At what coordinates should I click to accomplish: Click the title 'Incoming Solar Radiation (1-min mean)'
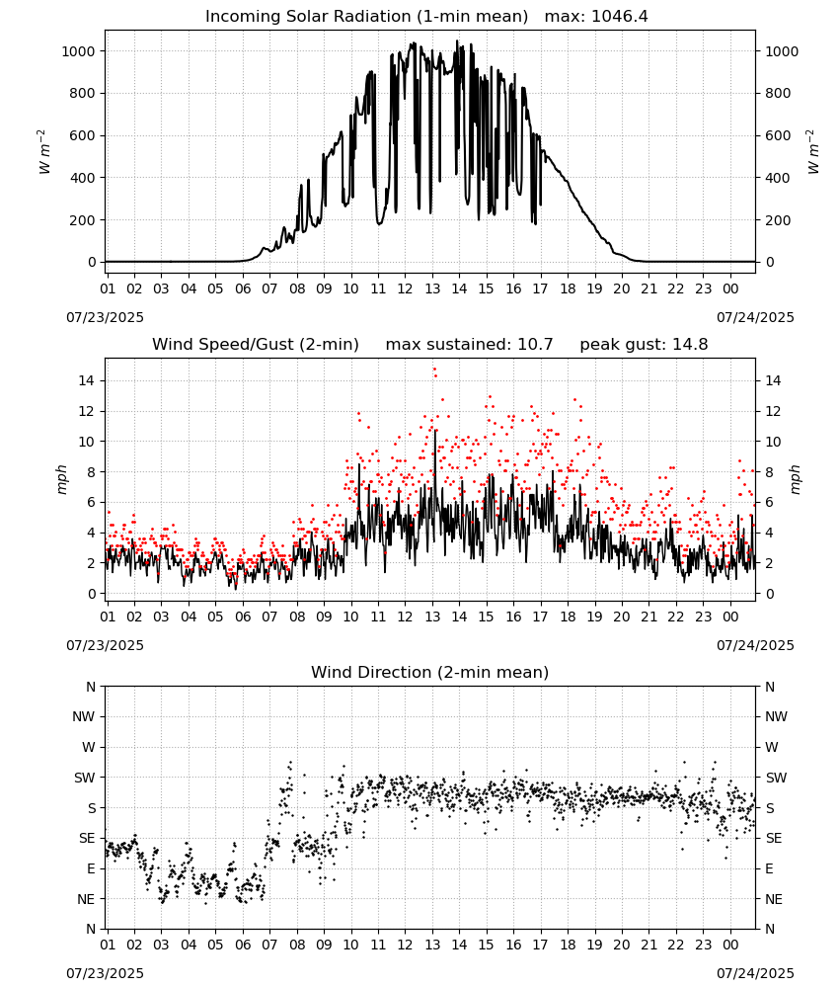click(x=366, y=17)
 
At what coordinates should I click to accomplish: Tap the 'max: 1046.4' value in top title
click(x=596, y=17)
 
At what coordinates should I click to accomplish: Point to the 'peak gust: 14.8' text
click(x=644, y=345)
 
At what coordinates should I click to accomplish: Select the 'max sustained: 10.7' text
click(x=469, y=345)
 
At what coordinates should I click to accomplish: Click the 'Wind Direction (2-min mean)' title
click(x=430, y=672)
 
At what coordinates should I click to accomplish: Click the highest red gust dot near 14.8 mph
click(x=434, y=370)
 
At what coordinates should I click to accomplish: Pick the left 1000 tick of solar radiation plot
click(x=79, y=51)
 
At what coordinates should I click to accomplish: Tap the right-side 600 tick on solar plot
click(x=778, y=136)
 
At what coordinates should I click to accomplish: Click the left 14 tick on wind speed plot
click(x=87, y=380)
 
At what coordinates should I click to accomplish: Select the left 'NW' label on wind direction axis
click(x=84, y=717)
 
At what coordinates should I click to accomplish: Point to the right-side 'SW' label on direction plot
click(x=776, y=779)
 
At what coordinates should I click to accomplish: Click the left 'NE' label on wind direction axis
click(x=86, y=900)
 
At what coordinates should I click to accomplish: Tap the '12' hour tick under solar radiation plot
click(x=405, y=289)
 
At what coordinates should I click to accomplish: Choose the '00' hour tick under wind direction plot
click(x=730, y=946)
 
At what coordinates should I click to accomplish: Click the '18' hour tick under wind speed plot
click(x=568, y=617)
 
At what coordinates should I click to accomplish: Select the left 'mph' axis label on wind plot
click(x=61, y=479)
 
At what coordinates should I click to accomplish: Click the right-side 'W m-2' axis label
click(x=812, y=152)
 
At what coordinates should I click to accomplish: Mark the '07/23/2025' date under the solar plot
click(x=105, y=317)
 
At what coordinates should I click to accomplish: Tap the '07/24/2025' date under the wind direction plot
click(x=755, y=973)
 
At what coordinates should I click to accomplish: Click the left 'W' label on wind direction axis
click(x=89, y=747)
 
